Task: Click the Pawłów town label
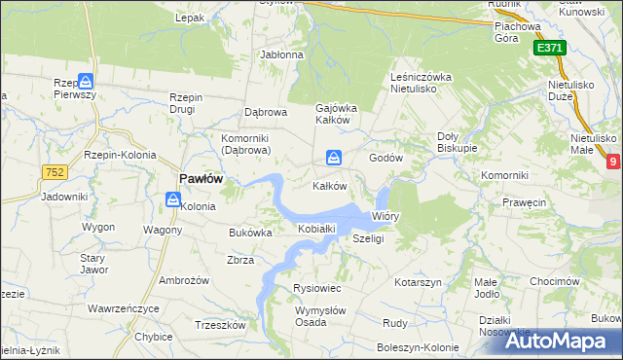[202, 178]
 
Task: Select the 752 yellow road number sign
[54, 172]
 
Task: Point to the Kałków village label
[330, 186]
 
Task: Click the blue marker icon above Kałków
[334, 157]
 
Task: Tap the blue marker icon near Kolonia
[172, 200]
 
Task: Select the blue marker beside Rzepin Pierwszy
[86, 82]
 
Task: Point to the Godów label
[385, 158]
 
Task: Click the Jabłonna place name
[281, 54]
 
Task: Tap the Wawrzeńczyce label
[123, 308]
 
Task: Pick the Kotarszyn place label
[419, 281]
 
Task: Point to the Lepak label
[190, 18]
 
